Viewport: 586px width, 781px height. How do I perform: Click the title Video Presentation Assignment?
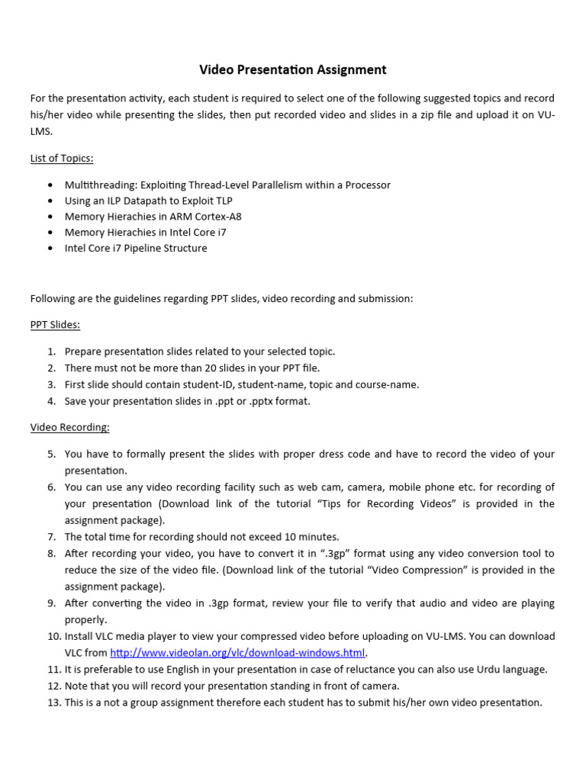[x=293, y=70]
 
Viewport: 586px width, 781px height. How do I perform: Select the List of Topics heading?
[x=62, y=158]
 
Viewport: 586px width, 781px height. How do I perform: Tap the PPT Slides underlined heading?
[x=55, y=324]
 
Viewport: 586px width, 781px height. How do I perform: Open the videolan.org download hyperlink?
[x=238, y=653]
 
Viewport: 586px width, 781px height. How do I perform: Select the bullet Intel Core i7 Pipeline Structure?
[x=136, y=249]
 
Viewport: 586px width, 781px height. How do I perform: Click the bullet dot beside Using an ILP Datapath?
[x=50, y=201]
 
